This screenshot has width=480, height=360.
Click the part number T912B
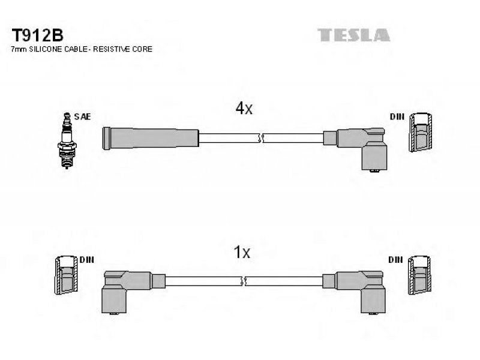point(37,35)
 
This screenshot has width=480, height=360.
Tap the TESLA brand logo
point(353,35)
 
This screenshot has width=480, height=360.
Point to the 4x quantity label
point(244,108)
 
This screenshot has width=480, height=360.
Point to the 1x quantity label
point(242,252)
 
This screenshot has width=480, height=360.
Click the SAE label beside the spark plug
point(82,116)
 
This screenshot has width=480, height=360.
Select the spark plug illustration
point(67,141)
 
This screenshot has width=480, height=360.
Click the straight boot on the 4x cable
point(151,139)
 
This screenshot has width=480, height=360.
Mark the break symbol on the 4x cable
point(261,138)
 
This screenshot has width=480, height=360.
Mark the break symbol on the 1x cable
point(244,281)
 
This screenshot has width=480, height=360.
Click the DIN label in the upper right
point(397,116)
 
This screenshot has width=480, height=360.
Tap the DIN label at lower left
point(86,260)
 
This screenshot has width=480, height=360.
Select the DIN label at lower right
point(395,260)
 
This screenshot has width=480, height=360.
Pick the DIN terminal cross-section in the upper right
point(421,132)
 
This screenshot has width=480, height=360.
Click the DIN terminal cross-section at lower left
point(67,275)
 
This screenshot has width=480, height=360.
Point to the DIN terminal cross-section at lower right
point(419,275)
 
